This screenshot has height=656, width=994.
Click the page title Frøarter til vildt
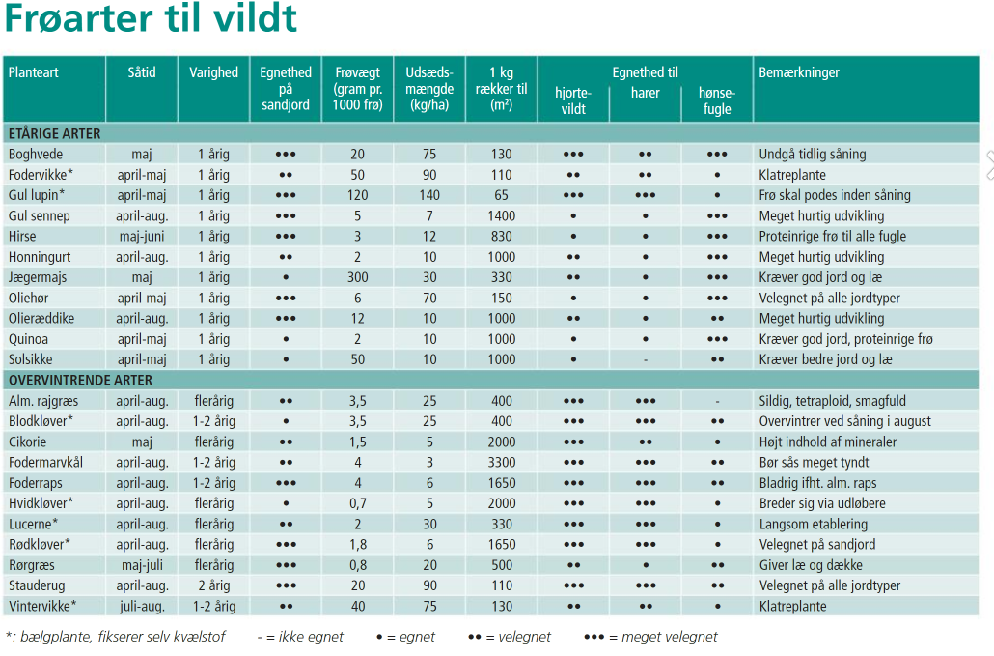(151, 19)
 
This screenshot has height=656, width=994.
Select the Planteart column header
(34, 72)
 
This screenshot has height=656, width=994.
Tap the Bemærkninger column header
(799, 72)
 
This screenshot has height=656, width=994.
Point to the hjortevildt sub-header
(573, 101)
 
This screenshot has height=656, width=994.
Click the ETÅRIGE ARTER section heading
(54, 133)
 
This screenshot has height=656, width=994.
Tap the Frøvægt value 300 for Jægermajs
(357, 277)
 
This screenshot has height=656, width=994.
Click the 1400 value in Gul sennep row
(501, 215)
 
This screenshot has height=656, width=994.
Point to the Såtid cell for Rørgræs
(142, 565)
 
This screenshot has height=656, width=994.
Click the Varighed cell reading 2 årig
(213, 585)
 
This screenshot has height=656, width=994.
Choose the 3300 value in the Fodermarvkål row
(501, 462)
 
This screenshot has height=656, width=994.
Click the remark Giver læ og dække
(811, 565)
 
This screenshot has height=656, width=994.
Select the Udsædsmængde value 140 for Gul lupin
(428, 195)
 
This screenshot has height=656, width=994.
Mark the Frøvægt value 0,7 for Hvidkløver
(357, 503)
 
